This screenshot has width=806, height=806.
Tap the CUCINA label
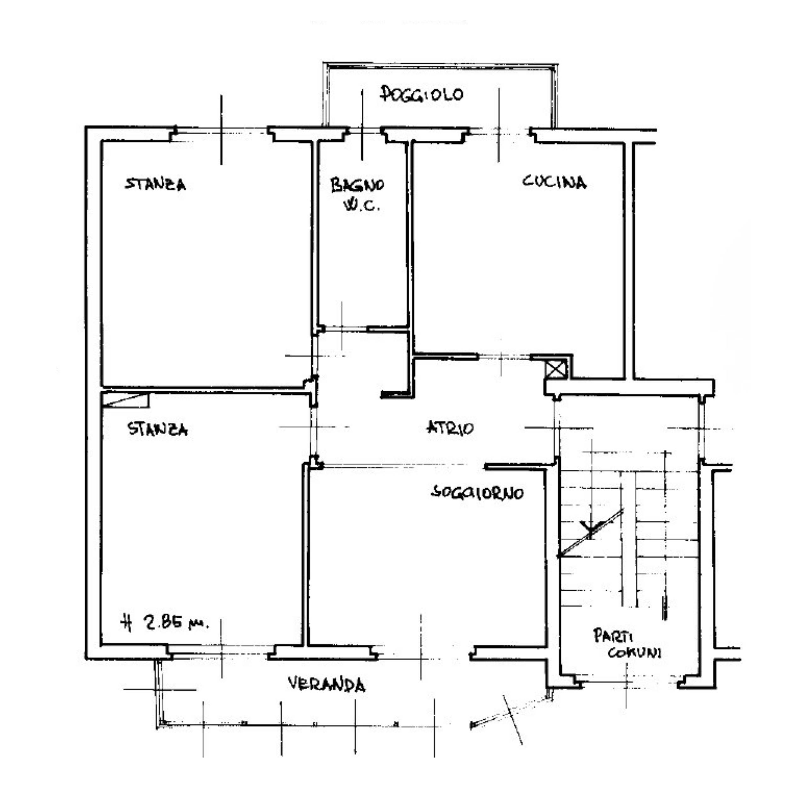point(554,182)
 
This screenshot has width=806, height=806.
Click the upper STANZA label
point(156,184)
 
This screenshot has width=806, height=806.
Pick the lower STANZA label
point(158,429)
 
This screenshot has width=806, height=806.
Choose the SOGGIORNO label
point(477,493)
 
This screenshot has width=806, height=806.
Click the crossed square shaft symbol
point(556,369)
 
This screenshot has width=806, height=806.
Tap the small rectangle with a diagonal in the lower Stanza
point(126,399)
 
